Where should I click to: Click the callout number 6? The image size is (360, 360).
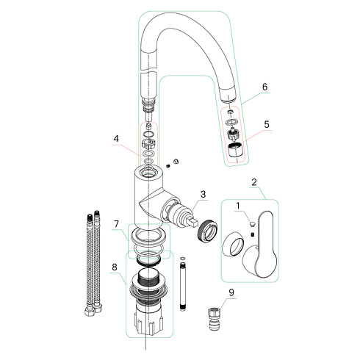point(265,87)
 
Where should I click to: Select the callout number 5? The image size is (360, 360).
point(267,124)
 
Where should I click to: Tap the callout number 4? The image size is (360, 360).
point(116,139)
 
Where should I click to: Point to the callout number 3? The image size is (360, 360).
point(203,194)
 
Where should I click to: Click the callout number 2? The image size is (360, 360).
point(254,182)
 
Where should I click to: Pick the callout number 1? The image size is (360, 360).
point(238,206)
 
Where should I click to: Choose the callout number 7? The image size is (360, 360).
point(116,223)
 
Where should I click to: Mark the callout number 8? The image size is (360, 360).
point(115,267)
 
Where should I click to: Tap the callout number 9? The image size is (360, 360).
point(231,292)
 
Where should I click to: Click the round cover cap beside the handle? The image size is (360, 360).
point(233,244)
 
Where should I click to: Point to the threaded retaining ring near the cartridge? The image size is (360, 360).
point(207,230)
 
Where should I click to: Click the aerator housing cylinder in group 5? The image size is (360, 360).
point(234,151)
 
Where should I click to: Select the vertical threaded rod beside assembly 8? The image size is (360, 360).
point(183,287)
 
